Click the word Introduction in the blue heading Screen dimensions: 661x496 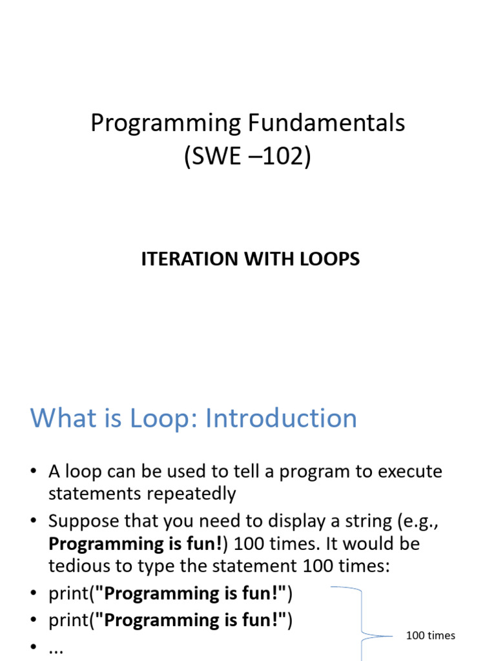(281, 418)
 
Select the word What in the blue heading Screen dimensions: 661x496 (62, 418)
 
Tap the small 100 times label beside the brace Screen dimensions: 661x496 (430, 636)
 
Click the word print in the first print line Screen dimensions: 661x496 (68, 593)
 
